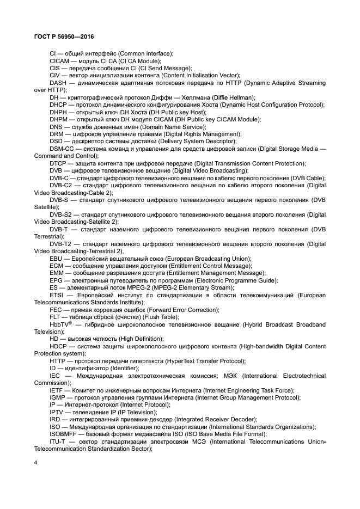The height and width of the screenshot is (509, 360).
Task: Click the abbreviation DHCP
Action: tap(59, 105)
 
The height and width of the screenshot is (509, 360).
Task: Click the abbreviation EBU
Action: tap(57, 259)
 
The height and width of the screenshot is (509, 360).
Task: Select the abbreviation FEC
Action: tap(57, 310)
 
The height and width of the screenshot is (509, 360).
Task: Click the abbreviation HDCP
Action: tap(59, 346)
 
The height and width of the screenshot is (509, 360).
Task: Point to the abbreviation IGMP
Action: tap(58, 397)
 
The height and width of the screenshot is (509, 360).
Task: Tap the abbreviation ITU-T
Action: tap(58, 441)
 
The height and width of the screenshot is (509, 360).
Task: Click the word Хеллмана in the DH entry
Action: tap(199, 97)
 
